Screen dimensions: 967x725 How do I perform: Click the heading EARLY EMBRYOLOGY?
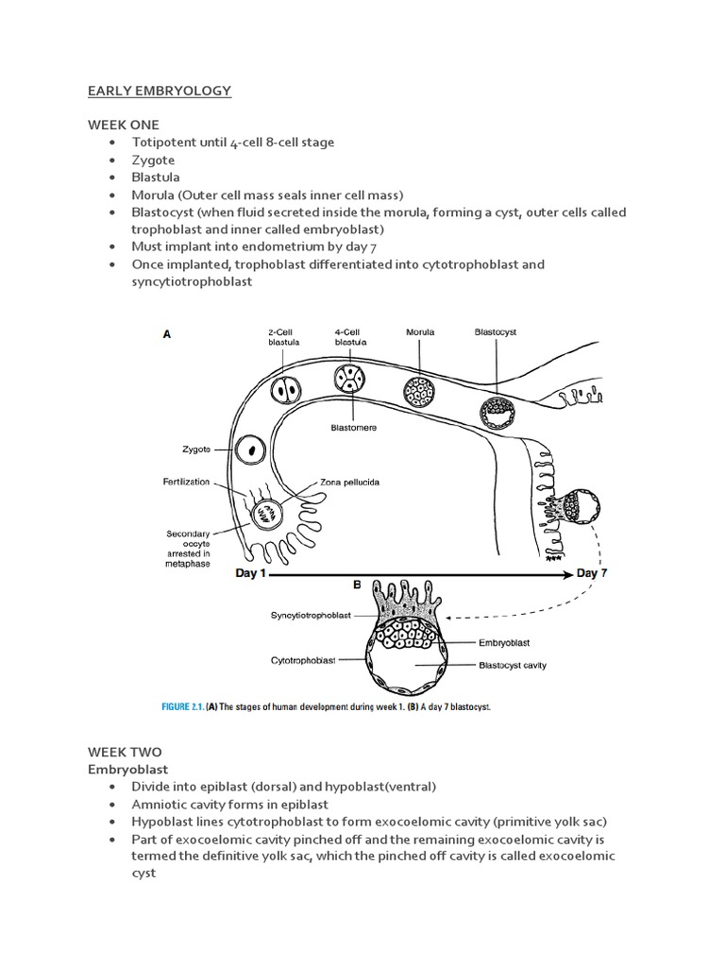[x=159, y=91]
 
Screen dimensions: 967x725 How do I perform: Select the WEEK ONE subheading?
[x=124, y=125]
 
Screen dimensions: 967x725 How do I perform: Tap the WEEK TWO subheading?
[x=124, y=752]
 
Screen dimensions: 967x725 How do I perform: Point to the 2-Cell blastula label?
[x=281, y=337]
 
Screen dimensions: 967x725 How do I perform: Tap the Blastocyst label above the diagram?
[x=495, y=332]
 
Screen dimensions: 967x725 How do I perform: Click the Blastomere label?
[x=354, y=427]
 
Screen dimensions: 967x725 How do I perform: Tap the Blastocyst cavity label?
[x=513, y=665]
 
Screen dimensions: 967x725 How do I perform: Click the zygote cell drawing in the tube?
[x=251, y=450]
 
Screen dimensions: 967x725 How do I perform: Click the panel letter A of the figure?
[x=167, y=333]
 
